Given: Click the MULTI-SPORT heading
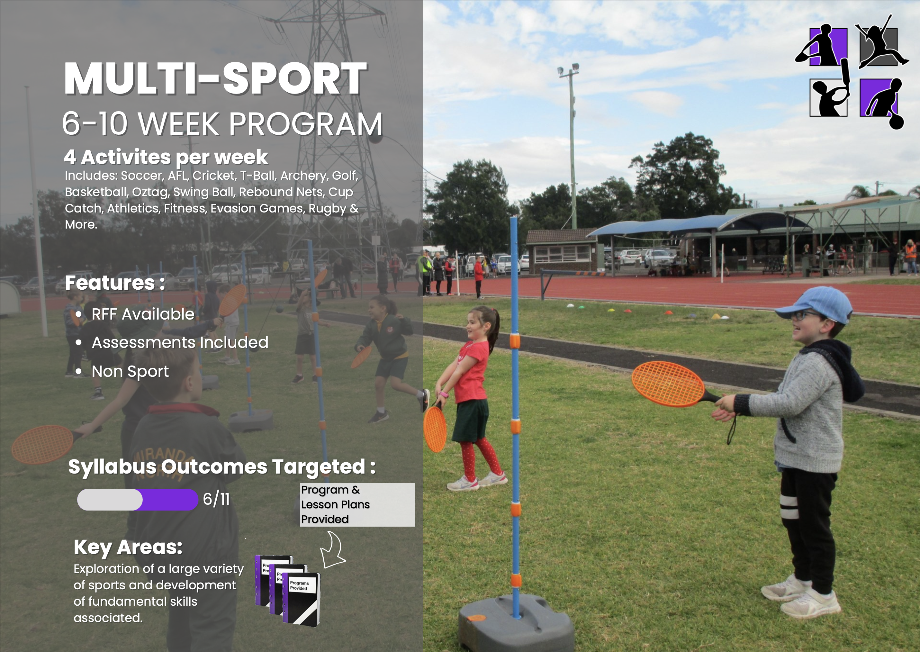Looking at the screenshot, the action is (216, 79).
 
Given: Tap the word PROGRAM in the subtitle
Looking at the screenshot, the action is (306, 124).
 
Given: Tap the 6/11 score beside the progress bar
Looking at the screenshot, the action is (216, 499).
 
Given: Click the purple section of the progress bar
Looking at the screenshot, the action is (169, 499).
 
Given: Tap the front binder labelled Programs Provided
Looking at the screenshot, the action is (302, 599).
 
